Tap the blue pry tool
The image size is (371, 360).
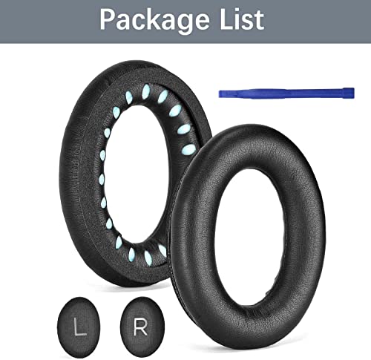286,93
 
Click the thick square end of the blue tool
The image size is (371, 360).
349,93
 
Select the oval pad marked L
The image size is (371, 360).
79,324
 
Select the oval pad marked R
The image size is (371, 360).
142,324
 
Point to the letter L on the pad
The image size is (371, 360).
80,327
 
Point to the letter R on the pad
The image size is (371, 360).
140,327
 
